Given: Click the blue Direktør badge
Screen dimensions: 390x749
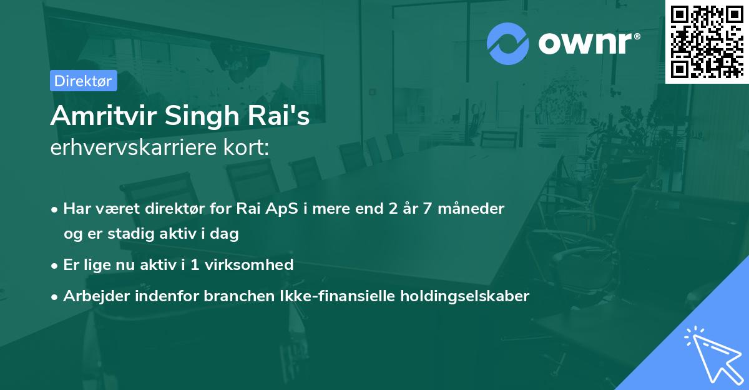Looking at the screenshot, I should click(x=83, y=81).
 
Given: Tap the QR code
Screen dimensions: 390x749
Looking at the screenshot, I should click(x=707, y=41).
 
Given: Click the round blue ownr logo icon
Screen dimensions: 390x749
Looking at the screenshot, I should click(x=508, y=44).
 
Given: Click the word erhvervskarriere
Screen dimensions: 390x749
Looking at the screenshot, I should click(x=133, y=148).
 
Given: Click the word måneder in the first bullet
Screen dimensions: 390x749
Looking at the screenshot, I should click(x=474, y=209).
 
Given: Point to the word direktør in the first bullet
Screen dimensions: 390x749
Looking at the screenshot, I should click(x=179, y=209).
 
